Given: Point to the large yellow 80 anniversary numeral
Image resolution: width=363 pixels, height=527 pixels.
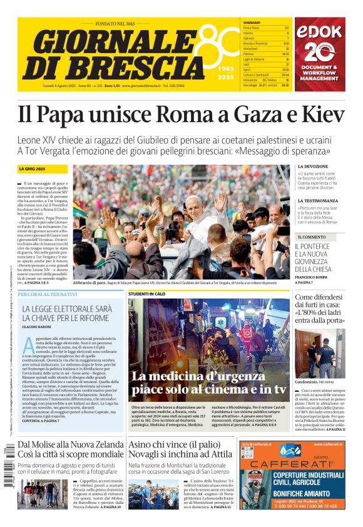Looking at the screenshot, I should pyautogui.click(x=217, y=44).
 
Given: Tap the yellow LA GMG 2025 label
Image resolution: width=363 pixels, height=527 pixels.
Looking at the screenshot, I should pyautogui.click(x=33, y=169).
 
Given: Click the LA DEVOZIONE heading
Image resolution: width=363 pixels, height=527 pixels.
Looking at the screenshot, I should pyautogui.click(x=312, y=166).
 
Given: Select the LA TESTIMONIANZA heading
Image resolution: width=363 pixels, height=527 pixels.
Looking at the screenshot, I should pyautogui.click(x=318, y=201).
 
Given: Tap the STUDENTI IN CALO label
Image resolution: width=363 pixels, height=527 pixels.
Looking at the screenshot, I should pyautogui.click(x=147, y=294).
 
